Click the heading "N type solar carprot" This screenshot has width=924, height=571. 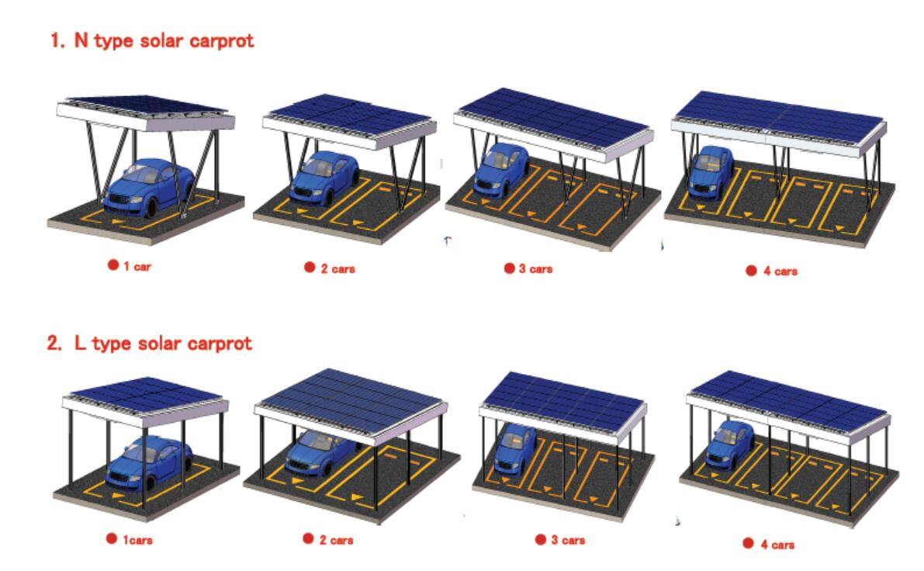click(x=164, y=40)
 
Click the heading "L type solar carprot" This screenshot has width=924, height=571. click(x=163, y=343)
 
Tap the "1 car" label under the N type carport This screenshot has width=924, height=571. click(x=137, y=266)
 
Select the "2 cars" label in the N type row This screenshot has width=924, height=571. click(x=337, y=268)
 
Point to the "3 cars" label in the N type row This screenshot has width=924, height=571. click(x=535, y=268)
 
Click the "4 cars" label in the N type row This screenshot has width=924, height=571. click(x=780, y=271)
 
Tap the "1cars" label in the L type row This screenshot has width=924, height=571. click(x=137, y=539)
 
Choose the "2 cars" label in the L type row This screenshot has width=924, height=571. click(x=336, y=540)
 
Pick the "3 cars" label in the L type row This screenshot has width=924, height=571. click(x=568, y=540)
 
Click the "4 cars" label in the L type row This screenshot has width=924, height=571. click(x=777, y=545)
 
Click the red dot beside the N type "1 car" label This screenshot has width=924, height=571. click(x=113, y=265)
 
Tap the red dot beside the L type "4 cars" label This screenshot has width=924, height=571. click(x=748, y=543)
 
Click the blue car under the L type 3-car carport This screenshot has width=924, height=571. click(x=515, y=449)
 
